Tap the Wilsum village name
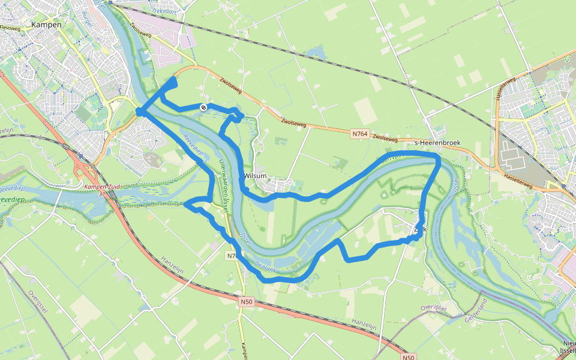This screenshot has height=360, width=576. (256, 176)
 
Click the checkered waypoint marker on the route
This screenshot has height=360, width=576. (204, 107)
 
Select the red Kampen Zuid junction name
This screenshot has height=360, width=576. (101, 187)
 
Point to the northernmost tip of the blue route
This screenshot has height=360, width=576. (175, 79)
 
